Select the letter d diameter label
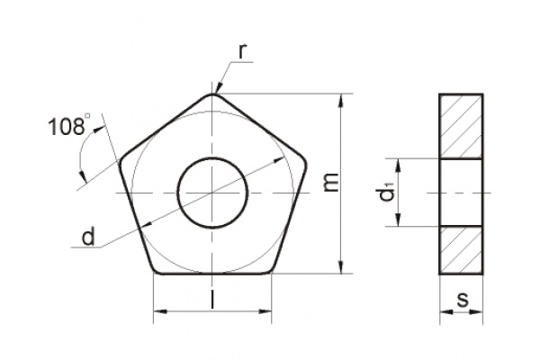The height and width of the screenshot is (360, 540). [88, 238]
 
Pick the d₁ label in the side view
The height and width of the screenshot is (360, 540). [386, 193]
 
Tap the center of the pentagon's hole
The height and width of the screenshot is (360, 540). [212, 193]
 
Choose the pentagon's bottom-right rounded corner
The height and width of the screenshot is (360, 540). [269, 269]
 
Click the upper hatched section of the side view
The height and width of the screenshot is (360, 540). [461, 126]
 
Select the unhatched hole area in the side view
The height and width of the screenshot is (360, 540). [461, 193]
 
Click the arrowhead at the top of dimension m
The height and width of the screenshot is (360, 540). [342, 99]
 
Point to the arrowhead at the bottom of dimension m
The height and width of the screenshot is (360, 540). [342, 267]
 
